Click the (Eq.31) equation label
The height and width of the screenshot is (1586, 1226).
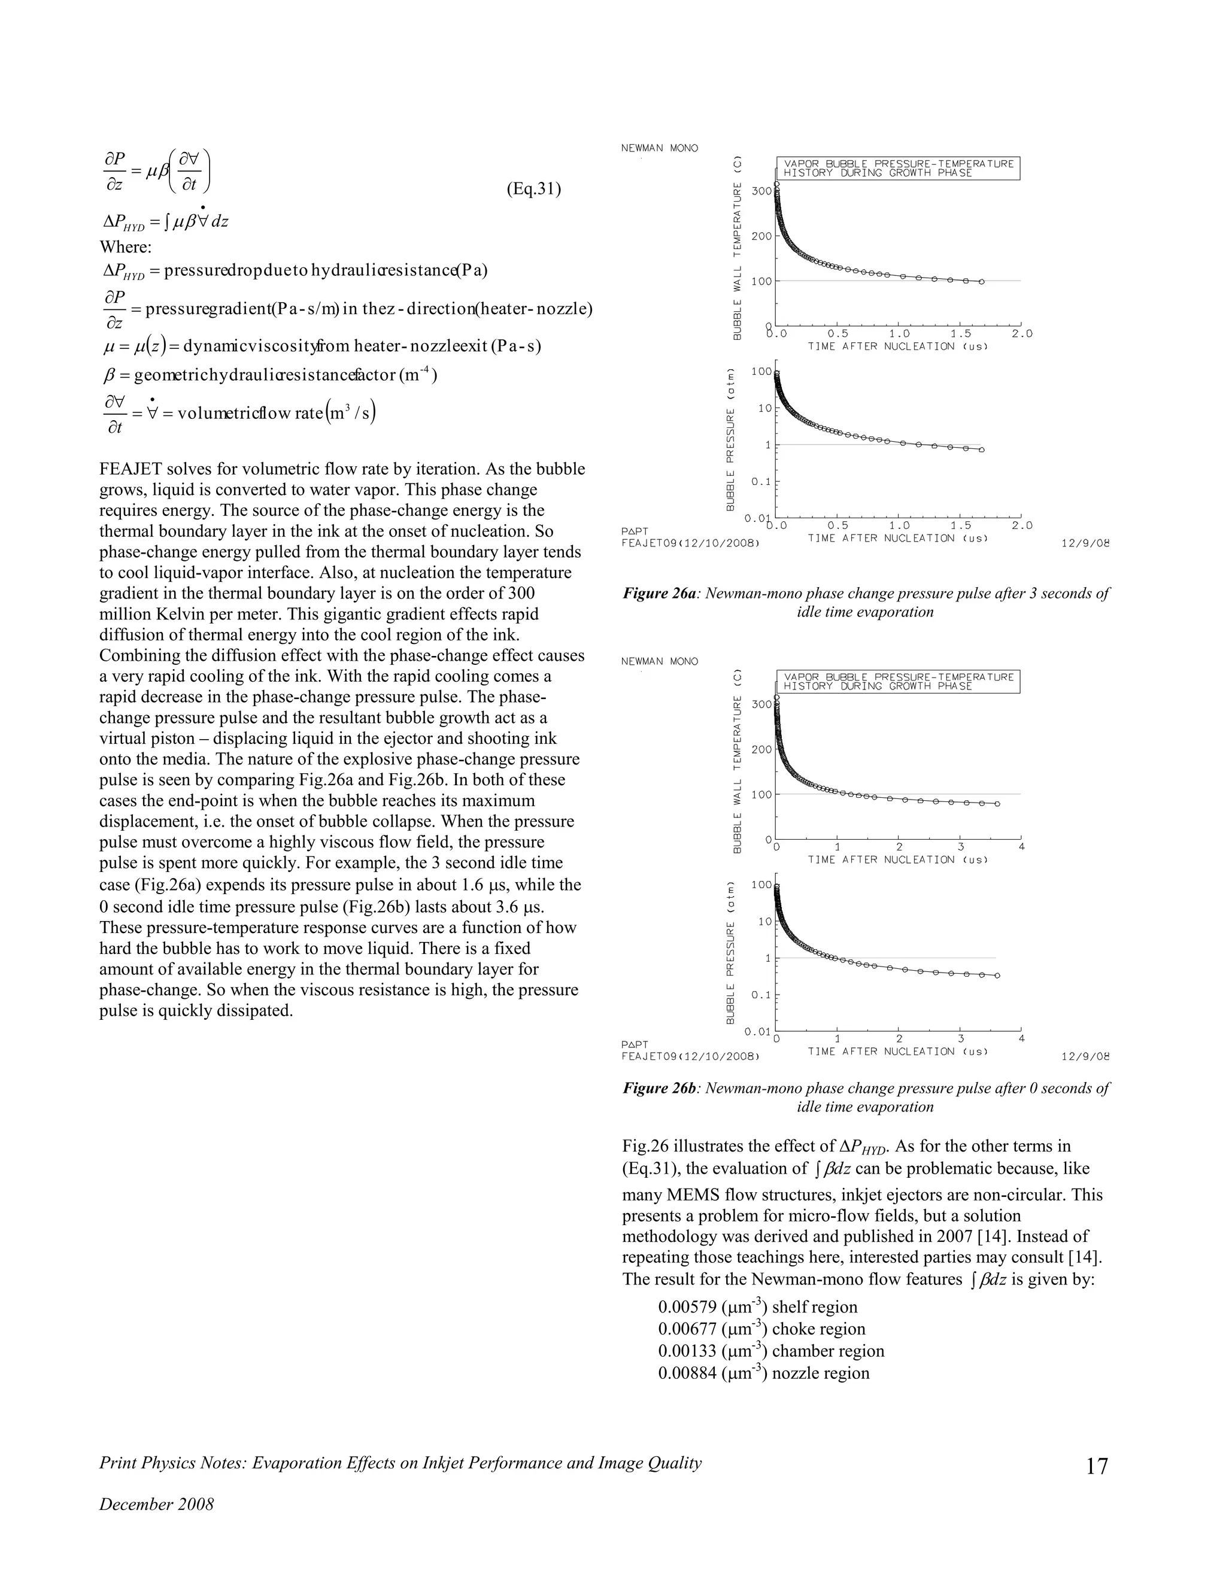click(x=533, y=190)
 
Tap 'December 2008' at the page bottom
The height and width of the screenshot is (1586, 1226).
click(x=156, y=1504)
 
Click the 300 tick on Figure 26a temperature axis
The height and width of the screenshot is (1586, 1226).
click(x=761, y=191)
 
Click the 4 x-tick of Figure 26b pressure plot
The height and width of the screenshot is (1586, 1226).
click(x=1021, y=1039)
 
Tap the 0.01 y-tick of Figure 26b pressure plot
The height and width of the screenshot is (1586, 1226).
click(x=757, y=1032)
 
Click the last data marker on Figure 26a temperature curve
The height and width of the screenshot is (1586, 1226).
click(x=981, y=282)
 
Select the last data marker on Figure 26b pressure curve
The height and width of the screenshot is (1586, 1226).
click(x=997, y=976)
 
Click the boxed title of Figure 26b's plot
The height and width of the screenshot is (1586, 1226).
click(x=899, y=682)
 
